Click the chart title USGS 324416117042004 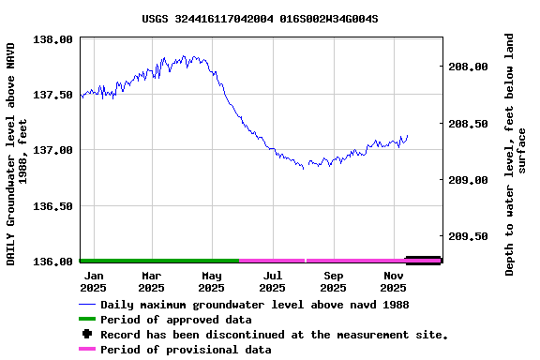tap(260, 18)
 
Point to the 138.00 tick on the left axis tap(52, 39)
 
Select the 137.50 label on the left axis tap(52, 95)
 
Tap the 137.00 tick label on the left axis tap(52, 150)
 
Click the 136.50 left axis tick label tap(52, 205)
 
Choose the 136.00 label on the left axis tap(52, 261)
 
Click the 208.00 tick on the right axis tap(468, 67)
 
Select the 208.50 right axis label tap(468, 124)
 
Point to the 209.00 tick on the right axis tap(468, 180)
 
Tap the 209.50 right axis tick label tap(468, 236)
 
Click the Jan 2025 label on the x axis tap(93, 281)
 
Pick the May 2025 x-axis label tap(211, 281)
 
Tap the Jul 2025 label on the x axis tap(272, 281)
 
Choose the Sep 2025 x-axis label tap(333, 281)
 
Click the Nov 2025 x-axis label tap(393, 281)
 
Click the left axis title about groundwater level tap(18, 153)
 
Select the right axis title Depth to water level tap(516, 155)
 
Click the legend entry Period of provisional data tap(186, 350)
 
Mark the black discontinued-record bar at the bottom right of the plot tap(423, 260)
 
